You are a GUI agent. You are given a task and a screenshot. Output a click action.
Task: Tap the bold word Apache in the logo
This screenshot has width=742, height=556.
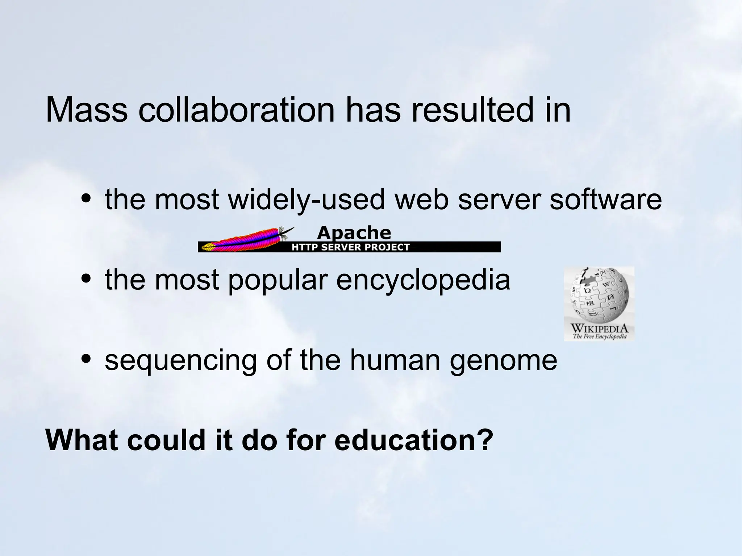tap(354, 233)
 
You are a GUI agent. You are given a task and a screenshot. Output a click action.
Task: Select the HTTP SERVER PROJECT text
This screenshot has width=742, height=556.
tap(350, 247)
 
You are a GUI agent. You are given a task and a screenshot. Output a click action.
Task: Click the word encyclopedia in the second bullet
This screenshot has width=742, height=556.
tap(423, 280)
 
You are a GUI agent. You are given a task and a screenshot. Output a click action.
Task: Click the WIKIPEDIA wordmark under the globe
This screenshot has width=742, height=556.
tap(599, 329)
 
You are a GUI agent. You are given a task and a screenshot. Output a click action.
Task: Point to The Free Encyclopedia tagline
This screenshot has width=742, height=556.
tap(599, 336)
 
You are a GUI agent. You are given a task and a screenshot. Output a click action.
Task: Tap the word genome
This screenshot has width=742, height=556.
tap(503, 360)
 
